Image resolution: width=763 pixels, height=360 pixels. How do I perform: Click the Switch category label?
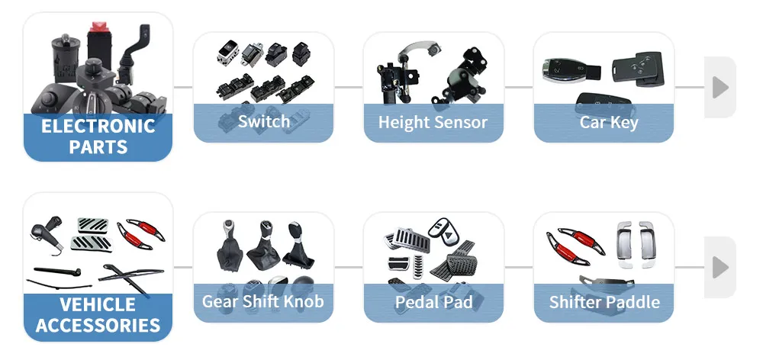point(263,121)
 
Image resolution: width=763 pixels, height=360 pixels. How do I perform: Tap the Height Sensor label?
point(433,121)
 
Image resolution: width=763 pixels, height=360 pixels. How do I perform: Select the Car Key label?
point(608,121)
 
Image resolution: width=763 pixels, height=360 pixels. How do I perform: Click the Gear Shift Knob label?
point(262,301)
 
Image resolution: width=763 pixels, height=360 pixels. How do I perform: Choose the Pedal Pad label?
point(433,302)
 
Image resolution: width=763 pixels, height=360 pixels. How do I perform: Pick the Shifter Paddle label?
point(604,302)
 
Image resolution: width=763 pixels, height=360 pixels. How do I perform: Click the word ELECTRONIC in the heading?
point(98,126)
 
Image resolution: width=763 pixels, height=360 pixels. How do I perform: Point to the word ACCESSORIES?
point(98,326)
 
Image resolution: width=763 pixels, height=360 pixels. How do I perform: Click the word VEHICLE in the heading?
point(98,305)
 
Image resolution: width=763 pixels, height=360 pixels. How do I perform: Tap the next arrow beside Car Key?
point(720,87)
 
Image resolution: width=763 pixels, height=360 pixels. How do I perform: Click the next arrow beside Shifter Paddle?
point(720,267)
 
